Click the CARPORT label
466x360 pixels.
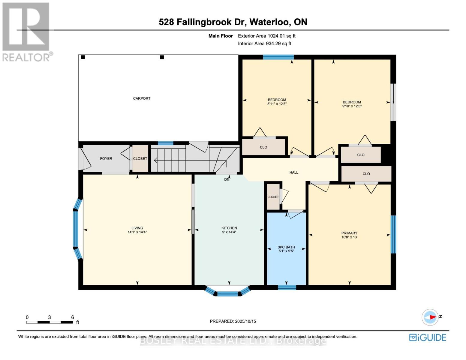tap(142, 98)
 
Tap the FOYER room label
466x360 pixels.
tap(106, 158)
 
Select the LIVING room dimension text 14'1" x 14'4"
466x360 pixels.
tap(137, 232)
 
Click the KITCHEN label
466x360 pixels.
tap(229, 228)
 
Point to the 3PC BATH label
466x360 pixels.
tap(286, 247)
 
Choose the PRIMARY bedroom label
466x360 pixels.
tap(349, 233)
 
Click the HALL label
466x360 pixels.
tap(294, 172)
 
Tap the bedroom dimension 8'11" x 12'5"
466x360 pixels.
tap(277, 104)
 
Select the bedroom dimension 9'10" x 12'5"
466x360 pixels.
tap(352, 106)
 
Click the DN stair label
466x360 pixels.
tap(227, 179)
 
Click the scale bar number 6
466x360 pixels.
tap(73, 317)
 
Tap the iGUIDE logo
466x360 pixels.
tap(428, 337)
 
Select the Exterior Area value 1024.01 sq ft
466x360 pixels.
tap(281, 36)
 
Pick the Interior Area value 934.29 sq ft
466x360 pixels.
tap(278, 43)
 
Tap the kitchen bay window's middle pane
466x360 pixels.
tap(227, 294)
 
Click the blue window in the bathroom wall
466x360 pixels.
tap(287, 287)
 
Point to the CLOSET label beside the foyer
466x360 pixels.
tap(140, 158)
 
